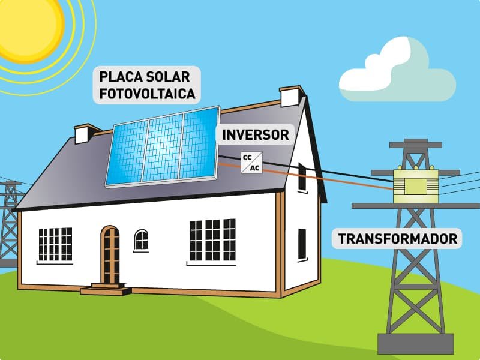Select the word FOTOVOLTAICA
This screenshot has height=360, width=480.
[148, 94]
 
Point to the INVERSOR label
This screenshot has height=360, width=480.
[256, 134]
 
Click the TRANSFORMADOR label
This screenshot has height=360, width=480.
[397, 238]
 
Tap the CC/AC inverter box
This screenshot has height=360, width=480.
[251, 163]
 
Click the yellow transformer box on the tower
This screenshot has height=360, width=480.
[416, 185]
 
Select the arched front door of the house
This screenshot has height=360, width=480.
[110, 254]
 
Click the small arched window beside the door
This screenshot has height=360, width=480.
[141, 240]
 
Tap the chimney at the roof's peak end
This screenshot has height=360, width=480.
[291, 96]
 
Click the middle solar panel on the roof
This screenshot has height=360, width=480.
[163, 148]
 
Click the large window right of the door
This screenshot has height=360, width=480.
[212, 240]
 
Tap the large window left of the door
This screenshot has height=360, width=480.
[55, 244]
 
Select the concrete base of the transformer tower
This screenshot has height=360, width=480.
[415, 343]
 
